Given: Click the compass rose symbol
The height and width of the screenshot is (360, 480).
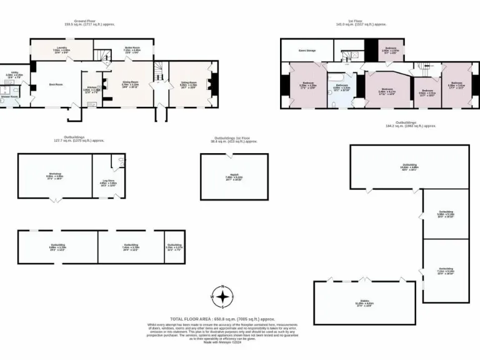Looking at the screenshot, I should pyautogui.click(x=222, y=296).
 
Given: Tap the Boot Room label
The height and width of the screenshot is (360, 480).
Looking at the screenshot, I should pyautogui.click(x=56, y=83).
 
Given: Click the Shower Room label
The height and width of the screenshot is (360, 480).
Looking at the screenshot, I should pyautogui.click(x=9, y=97).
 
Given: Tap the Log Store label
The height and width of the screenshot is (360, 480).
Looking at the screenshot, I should pyautogui.click(x=108, y=182).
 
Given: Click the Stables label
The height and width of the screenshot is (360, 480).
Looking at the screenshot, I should pyautogui.click(x=364, y=302).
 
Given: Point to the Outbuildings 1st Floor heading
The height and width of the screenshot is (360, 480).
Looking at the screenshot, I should pyautogui.click(x=235, y=139).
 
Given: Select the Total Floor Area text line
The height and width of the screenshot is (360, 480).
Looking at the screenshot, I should pyautogui.click(x=222, y=319).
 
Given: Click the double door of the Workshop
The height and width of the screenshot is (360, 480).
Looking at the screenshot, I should pyautogui.click(x=55, y=201).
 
